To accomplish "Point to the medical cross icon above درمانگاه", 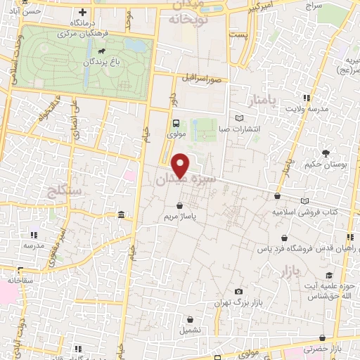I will [x=84, y=12].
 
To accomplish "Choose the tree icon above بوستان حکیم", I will [x=326, y=153].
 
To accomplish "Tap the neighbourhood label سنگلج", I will [x=63, y=190].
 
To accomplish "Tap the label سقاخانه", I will [x=20, y=280].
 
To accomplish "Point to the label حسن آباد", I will [x=15, y=12].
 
